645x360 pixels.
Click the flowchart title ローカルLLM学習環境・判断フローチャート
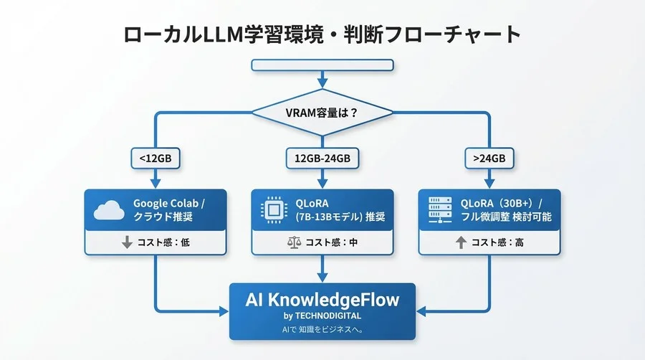pyautogui.click(x=322, y=34)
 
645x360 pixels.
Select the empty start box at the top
pyautogui.click(x=322, y=65)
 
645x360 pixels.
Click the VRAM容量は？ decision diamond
pyautogui.click(x=322, y=113)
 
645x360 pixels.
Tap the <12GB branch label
pyautogui.click(x=156, y=158)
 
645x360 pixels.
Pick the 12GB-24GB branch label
pyautogui.click(x=322, y=158)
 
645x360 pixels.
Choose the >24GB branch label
pyautogui.click(x=489, y=158)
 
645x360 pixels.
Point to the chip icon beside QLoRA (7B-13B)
pyautogui.click(x=273, y=209)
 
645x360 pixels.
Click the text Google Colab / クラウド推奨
pyautogui.click(x=169, y=209)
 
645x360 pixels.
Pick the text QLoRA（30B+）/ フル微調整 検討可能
pyautogui.click(x=502, y=209)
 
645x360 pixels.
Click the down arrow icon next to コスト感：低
pyautogui.click(x=127, y=242)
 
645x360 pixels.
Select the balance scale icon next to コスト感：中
pyautogui.click(x=293, y=242)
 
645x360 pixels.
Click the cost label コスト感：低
pyautogui.click(x=166, y=242)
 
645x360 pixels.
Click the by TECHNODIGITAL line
pyautogui.click(x=322, y=316)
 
